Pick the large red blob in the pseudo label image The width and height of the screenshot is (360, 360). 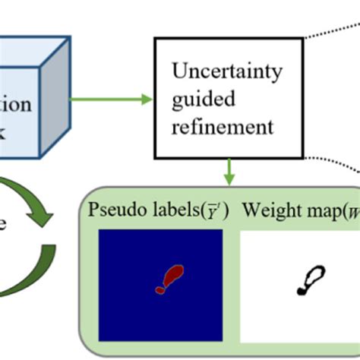click(x=173, y=274)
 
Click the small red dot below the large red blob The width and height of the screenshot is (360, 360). click(x=159, y=289)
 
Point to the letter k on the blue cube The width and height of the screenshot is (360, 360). click(x=6, y=130)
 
